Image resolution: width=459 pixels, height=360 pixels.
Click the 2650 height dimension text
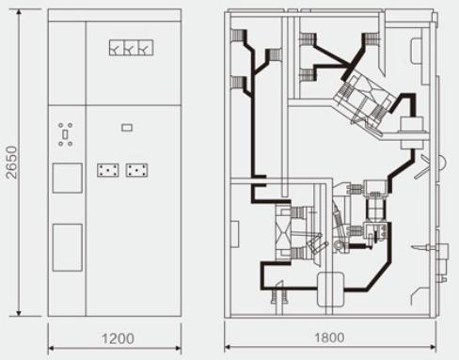(x=12, y=163)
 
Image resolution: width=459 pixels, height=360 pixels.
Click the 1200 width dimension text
(x=118, y=338)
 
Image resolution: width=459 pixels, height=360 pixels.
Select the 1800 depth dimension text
(x=329, y=337)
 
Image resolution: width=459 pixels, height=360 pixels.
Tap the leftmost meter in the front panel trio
(x=117, y=48)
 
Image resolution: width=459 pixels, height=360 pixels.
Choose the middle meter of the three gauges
(x=131, y=48)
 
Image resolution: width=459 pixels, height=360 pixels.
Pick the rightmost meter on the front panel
(x=146, y=48)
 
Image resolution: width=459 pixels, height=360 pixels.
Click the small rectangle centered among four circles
(x=65, y=134)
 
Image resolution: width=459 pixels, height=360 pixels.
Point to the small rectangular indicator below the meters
(x=127, y=128)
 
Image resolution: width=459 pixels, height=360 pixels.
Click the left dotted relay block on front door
(x=108, y=170)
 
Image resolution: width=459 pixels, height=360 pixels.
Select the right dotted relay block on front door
(x=136, y=170)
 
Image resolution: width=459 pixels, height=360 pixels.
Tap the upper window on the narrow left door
(x=68, y=178)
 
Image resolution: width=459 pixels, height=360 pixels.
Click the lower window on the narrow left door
(x=68, y=247)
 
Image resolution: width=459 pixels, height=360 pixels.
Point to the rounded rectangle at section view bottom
(x=331, y=290)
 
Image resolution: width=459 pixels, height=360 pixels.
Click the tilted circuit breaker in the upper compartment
(x=364, y=97)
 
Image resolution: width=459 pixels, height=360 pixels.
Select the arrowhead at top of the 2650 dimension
(x=19, y=12)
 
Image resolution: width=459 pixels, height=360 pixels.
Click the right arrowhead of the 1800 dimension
(x=433, y=347)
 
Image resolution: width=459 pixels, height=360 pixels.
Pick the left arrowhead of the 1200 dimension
(x=52, y=348)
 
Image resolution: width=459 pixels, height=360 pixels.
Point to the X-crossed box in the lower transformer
(x=280, y=232)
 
